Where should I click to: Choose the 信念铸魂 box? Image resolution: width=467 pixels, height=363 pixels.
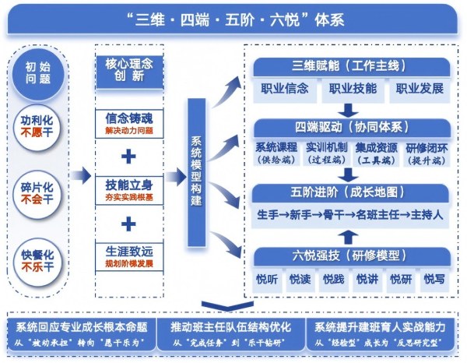[128, 122]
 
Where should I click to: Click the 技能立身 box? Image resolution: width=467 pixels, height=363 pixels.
[128, 189]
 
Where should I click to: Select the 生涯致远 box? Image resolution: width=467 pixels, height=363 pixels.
[128, 256]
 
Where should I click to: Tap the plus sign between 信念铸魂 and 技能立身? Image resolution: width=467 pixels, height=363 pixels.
[128, 156]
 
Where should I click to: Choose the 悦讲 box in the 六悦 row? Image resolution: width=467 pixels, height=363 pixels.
[367, 278]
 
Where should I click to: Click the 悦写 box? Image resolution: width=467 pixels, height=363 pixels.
[434, 278]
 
